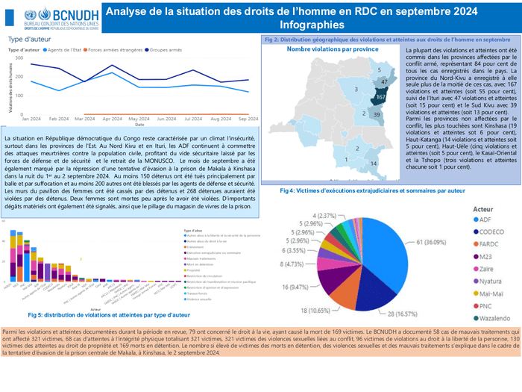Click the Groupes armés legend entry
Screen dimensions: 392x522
tap(166, 49)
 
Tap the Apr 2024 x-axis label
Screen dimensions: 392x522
tap(112, 119)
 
